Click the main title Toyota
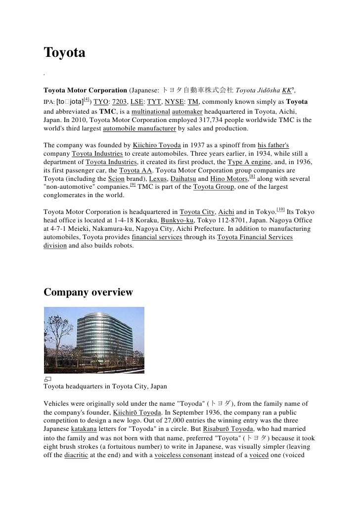coord(65,52)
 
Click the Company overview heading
coord(88,292)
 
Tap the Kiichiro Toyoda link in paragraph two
coord(157,145)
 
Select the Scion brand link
coord(117,178)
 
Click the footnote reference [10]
coord(281,209)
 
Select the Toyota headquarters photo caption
coord(105,386)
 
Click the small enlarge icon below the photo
coord(47,378)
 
